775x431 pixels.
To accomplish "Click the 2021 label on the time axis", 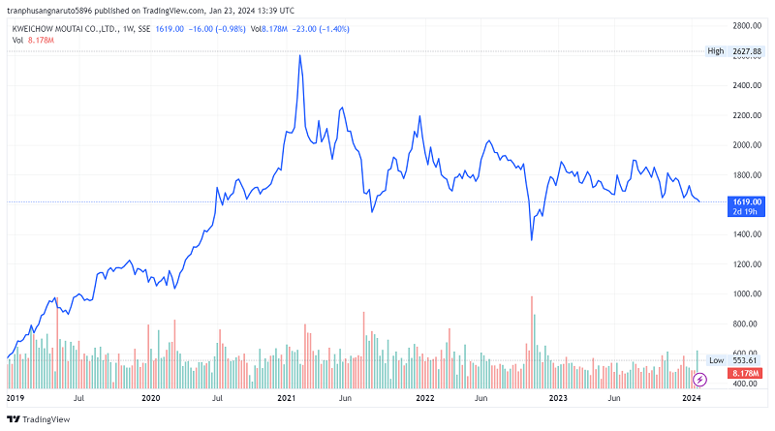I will [286, 398].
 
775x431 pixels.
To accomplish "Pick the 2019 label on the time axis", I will [15, 398].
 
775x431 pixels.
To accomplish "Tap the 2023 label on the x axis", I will [557, 398].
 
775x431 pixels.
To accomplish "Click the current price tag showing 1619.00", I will [749, 201].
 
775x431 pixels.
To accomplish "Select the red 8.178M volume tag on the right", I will [747, 373].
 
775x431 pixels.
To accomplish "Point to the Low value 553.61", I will [744, 360].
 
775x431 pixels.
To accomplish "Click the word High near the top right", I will [716, 50].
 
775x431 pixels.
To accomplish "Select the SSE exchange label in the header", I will [144, 29].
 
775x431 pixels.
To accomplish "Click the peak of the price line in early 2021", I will [300, 55].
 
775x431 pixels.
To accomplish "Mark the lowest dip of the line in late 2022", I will [532, 239].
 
